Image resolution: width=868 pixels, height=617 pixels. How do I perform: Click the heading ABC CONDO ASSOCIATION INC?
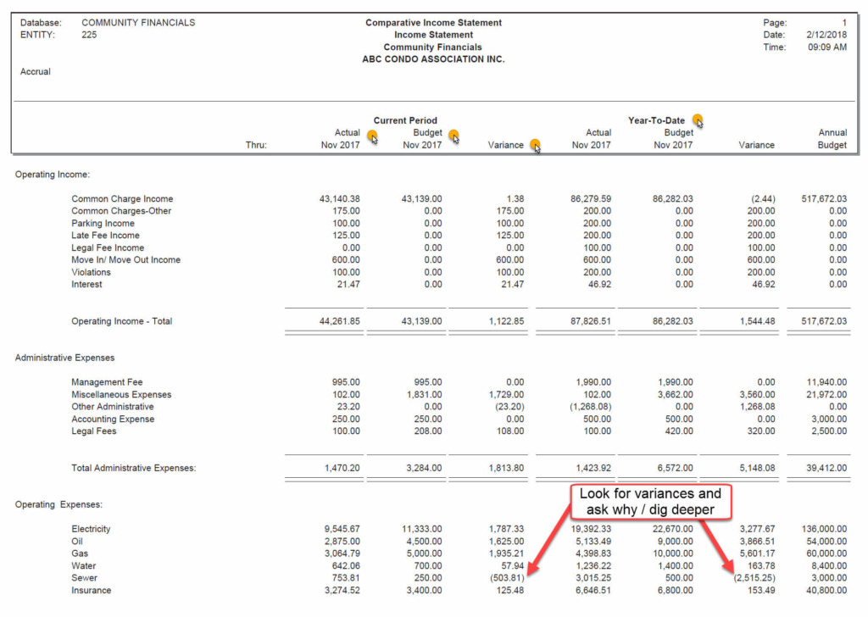click(433, 59)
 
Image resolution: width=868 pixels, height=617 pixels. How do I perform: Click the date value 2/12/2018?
click(827, 35)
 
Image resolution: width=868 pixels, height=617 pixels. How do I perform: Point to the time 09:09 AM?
click(826, 47)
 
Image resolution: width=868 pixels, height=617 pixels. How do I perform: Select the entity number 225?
click(89, 35)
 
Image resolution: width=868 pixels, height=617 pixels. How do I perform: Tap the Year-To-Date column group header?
click(656, 120)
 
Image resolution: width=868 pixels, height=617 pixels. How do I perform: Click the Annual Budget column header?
click(831, 139)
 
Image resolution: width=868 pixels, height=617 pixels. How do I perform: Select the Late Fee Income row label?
click(105, 236)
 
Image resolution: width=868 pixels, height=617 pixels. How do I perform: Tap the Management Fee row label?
click(107, 382)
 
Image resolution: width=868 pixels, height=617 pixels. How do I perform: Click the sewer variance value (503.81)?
click(504, 578)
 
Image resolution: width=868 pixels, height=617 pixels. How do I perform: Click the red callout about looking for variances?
click(650, 502)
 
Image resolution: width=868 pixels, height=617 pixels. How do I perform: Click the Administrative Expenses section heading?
click(64, 358)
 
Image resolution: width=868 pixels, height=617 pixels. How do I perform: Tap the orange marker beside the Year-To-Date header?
click(698, 120)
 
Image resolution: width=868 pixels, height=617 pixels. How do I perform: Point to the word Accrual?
click(36, 72)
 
